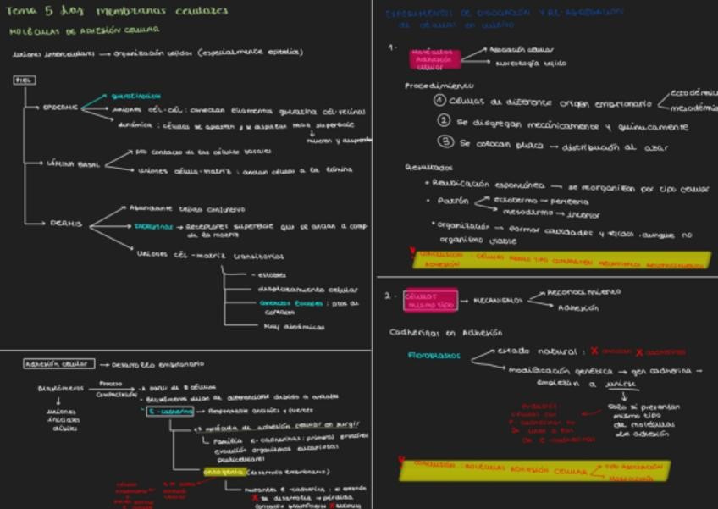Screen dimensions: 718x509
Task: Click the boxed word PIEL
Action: pos(24,80)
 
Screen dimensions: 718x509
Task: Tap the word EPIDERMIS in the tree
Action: pos(60,108)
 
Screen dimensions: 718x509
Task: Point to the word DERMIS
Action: pos(65,224)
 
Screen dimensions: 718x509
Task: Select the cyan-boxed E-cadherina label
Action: pos(171,412)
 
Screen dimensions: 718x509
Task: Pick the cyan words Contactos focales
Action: pos(291,303)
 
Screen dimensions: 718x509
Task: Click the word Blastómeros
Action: pos(60,389)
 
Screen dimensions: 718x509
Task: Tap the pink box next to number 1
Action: pos(434,58)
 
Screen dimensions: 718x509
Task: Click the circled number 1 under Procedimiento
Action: pos(440,100)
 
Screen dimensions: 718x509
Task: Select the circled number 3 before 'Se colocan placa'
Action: pos(445,143)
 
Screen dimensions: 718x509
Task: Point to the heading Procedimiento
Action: pos(439,86)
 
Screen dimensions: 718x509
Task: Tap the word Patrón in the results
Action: pos(453,202)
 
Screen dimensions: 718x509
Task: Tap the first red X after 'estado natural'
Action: pos(594,351)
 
